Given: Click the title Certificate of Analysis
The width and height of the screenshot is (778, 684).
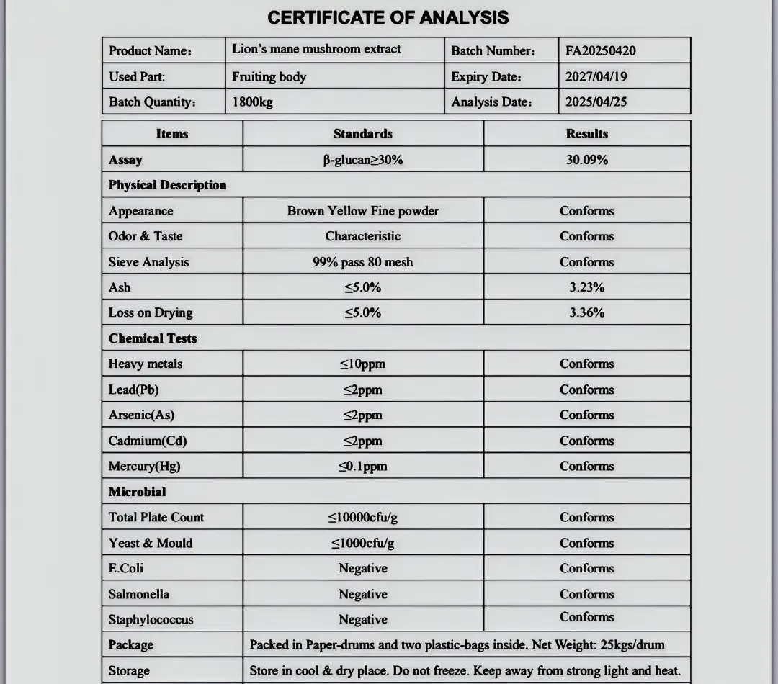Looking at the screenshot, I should point(388,17).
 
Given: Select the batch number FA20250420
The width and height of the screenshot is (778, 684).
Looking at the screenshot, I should point(600,50).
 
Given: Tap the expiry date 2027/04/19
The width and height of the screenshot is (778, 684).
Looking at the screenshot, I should point(596,76).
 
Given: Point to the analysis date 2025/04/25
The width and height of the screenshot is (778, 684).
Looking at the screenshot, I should point(596,102).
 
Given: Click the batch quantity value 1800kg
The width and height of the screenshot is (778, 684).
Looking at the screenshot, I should point(252,102).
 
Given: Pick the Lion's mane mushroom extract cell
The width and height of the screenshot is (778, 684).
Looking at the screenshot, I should point(316,49).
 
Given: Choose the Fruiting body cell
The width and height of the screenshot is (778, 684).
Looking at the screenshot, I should point(269,76).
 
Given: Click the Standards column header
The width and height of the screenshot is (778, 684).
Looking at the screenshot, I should point(362,134).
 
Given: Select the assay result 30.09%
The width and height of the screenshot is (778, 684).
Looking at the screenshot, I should point(586,159).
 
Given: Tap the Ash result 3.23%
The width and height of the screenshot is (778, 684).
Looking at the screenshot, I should point(586,287).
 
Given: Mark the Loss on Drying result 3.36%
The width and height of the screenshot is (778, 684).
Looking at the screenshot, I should point(586,312).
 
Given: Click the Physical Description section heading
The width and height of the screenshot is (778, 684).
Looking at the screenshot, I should point(167,185).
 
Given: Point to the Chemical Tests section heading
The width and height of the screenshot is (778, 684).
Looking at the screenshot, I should point(152,338).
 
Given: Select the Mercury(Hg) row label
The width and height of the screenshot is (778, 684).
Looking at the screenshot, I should point(144,466).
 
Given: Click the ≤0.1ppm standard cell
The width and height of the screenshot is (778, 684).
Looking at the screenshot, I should point(362,466).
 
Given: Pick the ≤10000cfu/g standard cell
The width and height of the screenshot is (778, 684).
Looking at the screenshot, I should point(362,517).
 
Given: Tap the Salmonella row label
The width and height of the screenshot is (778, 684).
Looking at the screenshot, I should point(138,594).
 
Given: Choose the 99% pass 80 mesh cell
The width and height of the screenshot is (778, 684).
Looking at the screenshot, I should point(362,262).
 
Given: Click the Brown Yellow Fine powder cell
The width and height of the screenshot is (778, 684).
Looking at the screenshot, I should point(362,211).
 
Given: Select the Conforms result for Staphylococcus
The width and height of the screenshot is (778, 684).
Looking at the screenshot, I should point(586,617).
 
